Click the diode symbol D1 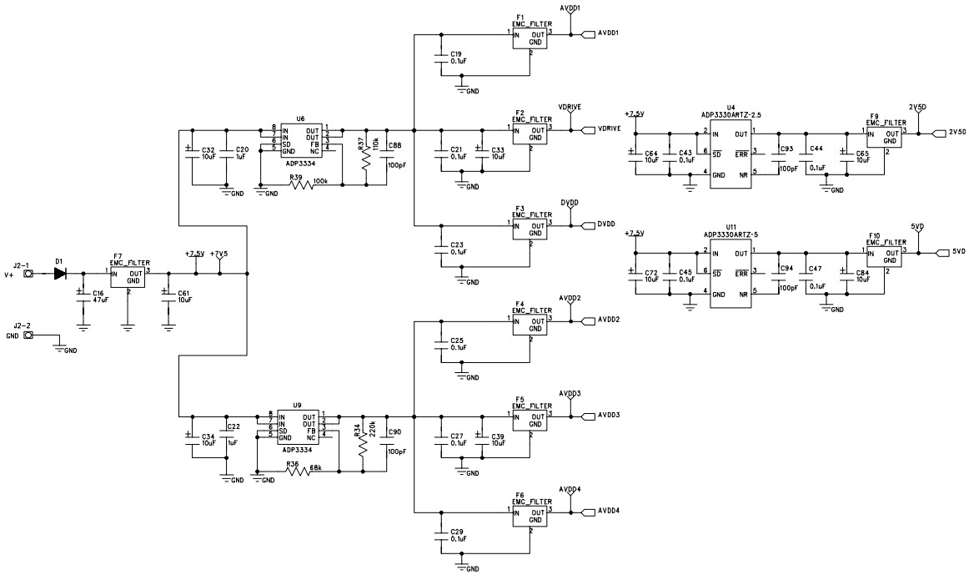click(x=60, y=272)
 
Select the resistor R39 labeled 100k click(x=302, y=184)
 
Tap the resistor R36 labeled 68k click(x=298, y=472)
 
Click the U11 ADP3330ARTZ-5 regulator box click(x=731, y=272)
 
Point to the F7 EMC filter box click(x=128, y=276)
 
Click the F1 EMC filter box click(x=530, y=39)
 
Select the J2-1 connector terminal click(x=28, y=272)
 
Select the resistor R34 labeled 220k click(x=363, y=446)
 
